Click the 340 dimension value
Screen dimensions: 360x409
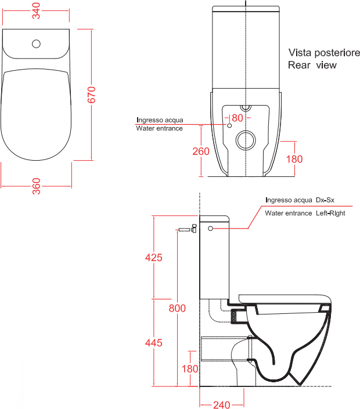click(x=36, y=10)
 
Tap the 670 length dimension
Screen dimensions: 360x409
click(x=91, y=95)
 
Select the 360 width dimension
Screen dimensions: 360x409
click(x=36, y=186)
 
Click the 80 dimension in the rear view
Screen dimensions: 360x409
click(x=237, y=118)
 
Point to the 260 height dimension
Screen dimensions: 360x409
click(x=201, y=151)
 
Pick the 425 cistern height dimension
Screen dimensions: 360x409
click(x=154, y=258)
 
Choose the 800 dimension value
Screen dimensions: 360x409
click(x=177, y=308)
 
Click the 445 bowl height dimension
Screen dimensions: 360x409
click(x=154, y=342)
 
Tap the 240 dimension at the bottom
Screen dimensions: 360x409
click(x=222, y=404)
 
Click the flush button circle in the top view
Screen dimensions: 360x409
click(x=36, y=44)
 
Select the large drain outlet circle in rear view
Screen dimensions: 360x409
click(x=246, y=140)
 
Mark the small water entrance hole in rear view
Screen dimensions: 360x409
click(x=229, y=126)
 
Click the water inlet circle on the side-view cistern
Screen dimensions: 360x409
click(x=210, y=229)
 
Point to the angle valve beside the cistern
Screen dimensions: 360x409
click(x=194, y=228)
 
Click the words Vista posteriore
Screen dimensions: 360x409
click(x=324, y=53)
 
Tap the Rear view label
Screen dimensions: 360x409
click(x=312, y=65)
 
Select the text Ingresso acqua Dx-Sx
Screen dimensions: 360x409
click(x=300, y=200)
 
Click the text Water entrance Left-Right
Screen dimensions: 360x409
click(x=305, y=213)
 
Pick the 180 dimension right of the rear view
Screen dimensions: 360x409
click(x=294, y=159)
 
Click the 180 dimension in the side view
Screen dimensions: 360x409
click(x=190, y=369)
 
